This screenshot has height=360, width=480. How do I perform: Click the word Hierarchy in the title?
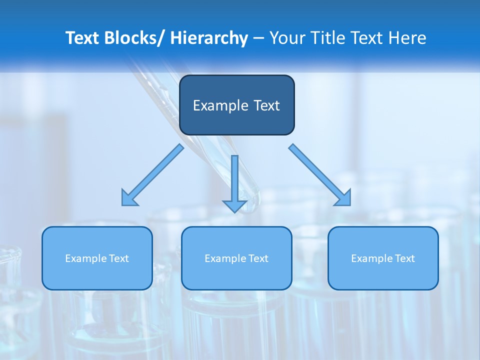(x=209, y=38)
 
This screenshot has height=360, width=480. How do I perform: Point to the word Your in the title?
(x=288, y=38)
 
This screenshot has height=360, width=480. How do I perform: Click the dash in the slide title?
(x=258, y=38)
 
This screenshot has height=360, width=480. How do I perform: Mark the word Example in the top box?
(x=220, y=105)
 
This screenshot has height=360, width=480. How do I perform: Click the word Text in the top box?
(x=266, y=105)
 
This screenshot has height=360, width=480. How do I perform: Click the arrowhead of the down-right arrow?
(x=343, y=198)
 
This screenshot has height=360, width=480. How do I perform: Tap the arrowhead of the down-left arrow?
(x=129, y=198)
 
